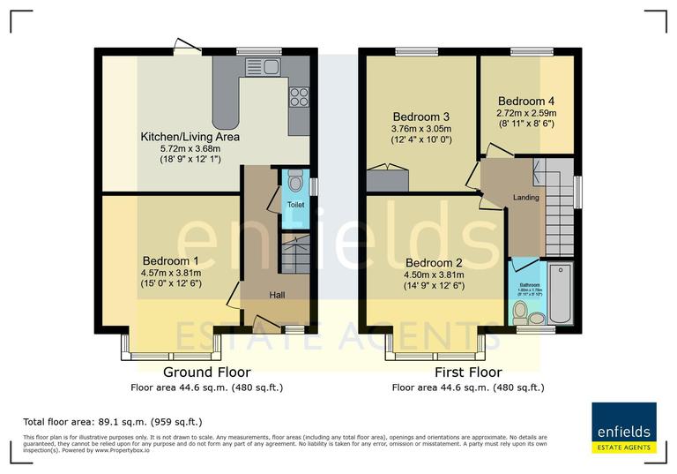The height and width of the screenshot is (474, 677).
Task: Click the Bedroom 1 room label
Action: (171, 261)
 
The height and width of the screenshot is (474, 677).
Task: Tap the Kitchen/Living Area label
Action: (190, 137)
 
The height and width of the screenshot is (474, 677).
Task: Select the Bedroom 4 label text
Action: (527, 101)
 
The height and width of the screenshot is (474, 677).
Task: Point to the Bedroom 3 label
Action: (421, 117)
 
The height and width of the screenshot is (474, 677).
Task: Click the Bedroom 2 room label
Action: (434, 262)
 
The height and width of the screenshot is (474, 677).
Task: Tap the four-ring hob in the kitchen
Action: (299, 96)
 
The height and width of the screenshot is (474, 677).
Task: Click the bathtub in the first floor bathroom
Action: (559, 294)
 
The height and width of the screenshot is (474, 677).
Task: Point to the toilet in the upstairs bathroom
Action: (520, 311)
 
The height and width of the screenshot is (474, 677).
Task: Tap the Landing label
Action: (525, 197)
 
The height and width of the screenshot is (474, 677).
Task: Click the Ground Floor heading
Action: (206, 372)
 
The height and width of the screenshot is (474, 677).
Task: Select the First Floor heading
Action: (467, 372)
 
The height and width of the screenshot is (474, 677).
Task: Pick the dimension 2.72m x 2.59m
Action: (527, 113)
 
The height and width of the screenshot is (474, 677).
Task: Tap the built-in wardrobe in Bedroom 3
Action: (388, 179)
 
